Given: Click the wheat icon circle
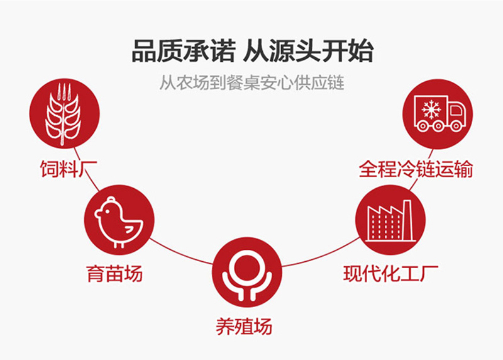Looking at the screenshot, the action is pyautogui.click(x=65, y=114).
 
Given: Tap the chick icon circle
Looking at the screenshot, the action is pyautogui.click(x=119, y=220).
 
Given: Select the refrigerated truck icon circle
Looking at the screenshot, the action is pyautogui.click(x=438, y=114).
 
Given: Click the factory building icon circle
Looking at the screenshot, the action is pyautogui.click(x=390, y=220).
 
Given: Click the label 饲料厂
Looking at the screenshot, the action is pyautogui.click(x=69, y=169).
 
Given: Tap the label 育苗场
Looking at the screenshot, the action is pyautogui.click(x=114, y=274).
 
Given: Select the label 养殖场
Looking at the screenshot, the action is pyautogui.click(x=244, y=327).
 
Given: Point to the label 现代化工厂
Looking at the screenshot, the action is pyautogui.click(x=390, y=274).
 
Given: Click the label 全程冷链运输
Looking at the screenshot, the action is pyautogui.click(x=416, y=169).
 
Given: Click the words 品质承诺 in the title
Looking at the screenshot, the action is pyautogui.click(x=184, y=51).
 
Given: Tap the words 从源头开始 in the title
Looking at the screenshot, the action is pyautogui.click(x=308, y=51).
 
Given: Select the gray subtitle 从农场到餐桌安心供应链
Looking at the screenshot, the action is pyautogui.click(x=252, y=83).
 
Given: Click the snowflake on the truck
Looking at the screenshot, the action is pyautogui.click(x=431, y=109).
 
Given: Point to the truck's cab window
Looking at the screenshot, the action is pyautogui.click(x=456, y=110).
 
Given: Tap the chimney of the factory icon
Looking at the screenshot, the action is pyautogui.click(x=407, y=220).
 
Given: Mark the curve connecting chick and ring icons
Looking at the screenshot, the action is pyautogui.click(x=181, y=253).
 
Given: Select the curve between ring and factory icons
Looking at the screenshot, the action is pyautogui.click(x=321, y=256).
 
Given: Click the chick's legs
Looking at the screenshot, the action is pyautogui.click(x=118, y=245).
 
